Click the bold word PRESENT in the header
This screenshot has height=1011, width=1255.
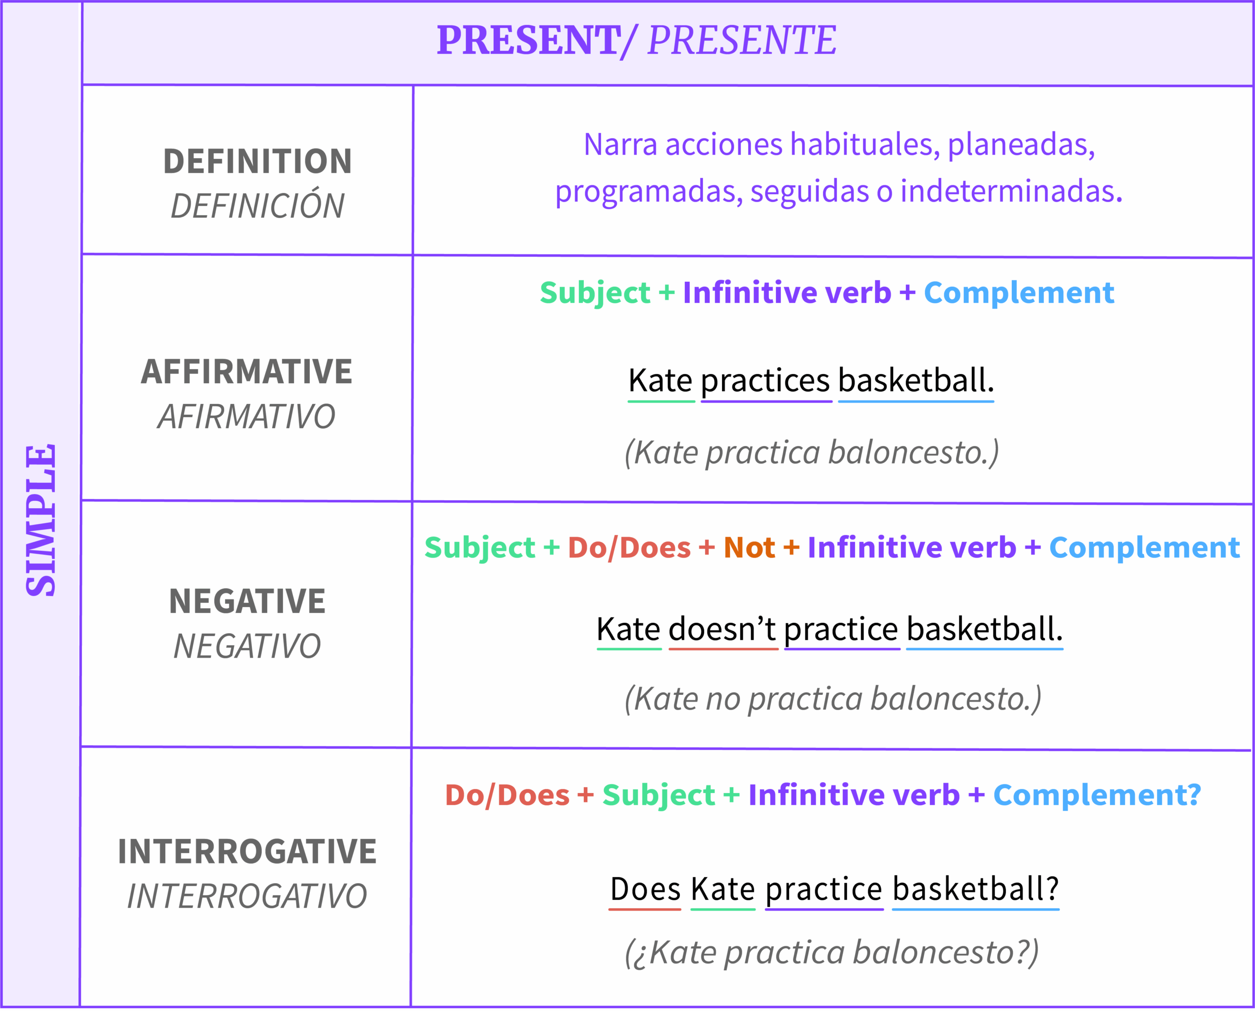point(528,41)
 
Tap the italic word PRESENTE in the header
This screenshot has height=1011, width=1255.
point(742,41)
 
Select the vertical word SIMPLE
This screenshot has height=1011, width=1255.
point(41,520)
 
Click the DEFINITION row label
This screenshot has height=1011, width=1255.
point(257,161)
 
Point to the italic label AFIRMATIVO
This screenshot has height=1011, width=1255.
point(247,417)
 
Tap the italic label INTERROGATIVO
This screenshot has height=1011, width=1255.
point(247,896)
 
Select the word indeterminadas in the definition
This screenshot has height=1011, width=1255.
point(1011,191)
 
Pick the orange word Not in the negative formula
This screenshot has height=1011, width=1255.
point(749,548)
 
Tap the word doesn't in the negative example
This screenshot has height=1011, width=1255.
point(722,630)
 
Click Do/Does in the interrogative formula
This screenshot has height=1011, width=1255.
point(507,795)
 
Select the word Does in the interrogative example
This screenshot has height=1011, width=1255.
point(645,889)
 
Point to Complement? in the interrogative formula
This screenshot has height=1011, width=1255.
point(1097,795)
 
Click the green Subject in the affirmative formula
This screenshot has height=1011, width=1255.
point(594,293)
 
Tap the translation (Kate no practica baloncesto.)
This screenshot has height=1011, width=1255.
point(832,699)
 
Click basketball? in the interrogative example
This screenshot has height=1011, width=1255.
point(975,889)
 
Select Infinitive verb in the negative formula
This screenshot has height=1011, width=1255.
point(911,548)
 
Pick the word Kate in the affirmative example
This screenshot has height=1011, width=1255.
point(660,381)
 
